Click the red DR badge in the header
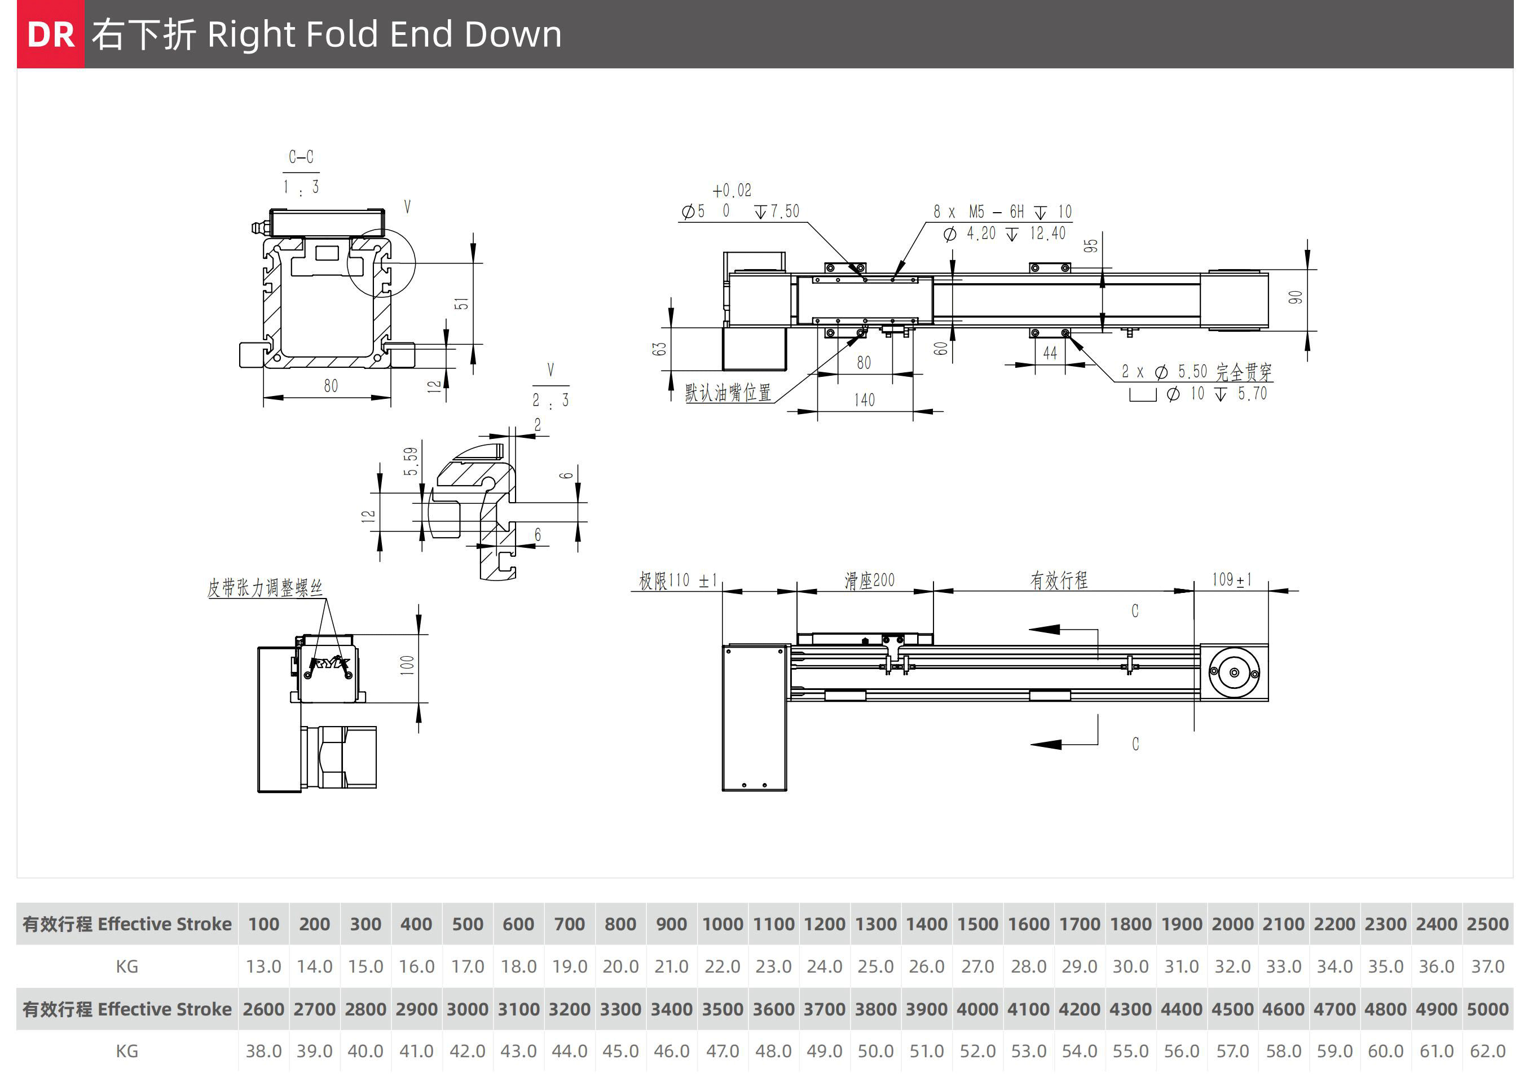[x=51, y=34]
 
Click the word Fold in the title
[x=341, y=34]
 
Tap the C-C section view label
[x=301, y=157]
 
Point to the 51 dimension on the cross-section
[x=461, y=304]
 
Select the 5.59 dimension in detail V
[x=411, y=461]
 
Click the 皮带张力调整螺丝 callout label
[x=265, y=588]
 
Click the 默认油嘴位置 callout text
[x=728, y=392]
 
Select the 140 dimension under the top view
[x=864, y=400]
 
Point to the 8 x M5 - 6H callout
[x=1002, y=212]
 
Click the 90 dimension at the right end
[x=1296, y=297]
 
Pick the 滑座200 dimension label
[x=869, y=580]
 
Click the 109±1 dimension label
[x=1231, y=579]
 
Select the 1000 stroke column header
[x=723, y=924]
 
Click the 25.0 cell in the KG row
[x=875, y=966]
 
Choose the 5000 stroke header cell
[x=1487, y=1009]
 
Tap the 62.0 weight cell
[x=1487, y=1051]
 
